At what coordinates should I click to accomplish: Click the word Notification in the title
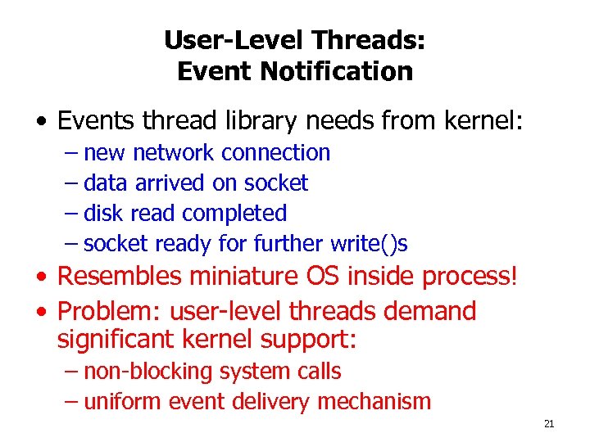click(337, 71)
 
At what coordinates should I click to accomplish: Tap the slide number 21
click(549, 423)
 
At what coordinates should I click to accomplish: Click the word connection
click(275, 152)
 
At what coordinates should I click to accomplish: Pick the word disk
click(102, 213)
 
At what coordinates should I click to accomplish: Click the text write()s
click(369, 243)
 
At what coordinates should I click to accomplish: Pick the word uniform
click(124, 401)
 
